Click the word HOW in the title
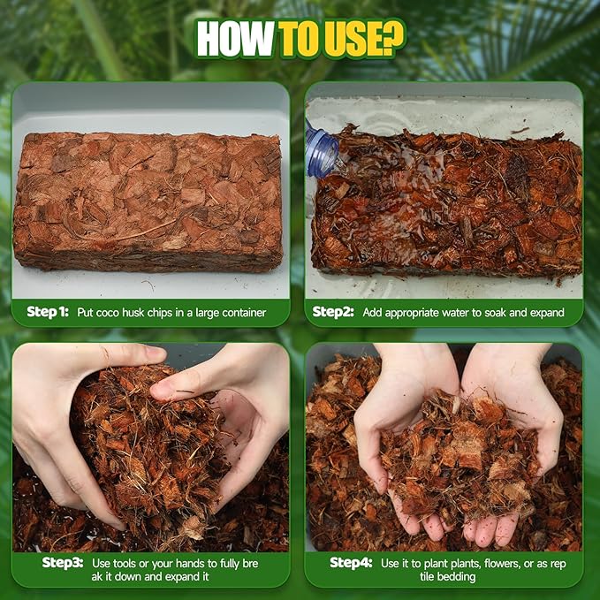point(235,39)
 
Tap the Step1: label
point(47,312)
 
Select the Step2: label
point(333,312)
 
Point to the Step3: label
point(63,562)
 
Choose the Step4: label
point(351,562)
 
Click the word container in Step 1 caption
point(239,312)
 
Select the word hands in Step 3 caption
point(194,562)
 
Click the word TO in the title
point(297,39)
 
